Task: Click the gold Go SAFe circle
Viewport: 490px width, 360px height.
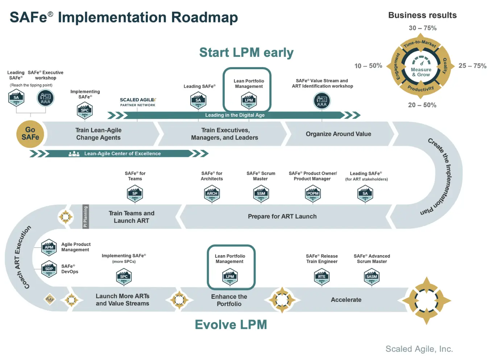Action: coord(30,134)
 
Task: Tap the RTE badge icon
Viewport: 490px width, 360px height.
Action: coord(321,277)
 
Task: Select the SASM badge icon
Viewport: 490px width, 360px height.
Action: coord(371,277)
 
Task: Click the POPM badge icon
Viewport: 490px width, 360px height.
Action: coord(313,194)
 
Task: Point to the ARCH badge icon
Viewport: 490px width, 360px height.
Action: coord(212,194)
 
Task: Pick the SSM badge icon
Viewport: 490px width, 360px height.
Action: coord(261,194)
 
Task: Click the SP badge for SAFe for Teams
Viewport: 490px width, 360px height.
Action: coord(135,194)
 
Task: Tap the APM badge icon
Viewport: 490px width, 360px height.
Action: coord(49,248)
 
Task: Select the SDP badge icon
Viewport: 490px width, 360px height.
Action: coord(49,269)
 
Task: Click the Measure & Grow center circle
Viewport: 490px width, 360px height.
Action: coord(421,68)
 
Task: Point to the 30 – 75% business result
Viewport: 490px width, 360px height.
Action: coord(423,28)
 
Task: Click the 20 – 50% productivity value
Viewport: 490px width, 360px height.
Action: coord(422,105)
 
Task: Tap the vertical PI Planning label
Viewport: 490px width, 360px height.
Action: coord(86,217)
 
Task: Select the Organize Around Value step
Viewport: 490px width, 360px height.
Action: coord(338,134)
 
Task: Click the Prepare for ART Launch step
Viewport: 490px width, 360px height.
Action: coord(282,217)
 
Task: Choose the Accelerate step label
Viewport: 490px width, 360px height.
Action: coord(346,300)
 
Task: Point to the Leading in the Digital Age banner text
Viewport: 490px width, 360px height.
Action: coord(235,115)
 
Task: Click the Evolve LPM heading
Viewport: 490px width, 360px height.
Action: coord(231,325)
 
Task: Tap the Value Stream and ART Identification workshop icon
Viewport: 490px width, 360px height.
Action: coord(322,101)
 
